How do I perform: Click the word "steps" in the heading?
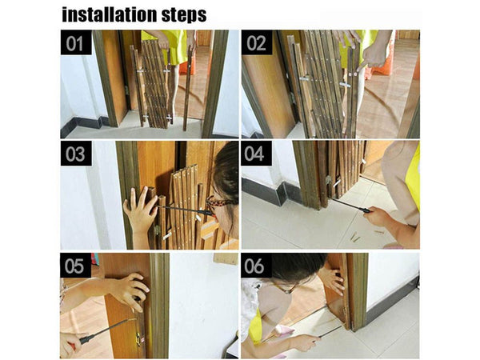pyautogui.click(x=184, y=15)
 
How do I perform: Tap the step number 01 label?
pyautogui.click(x=76, y=42)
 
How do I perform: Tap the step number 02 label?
pyautogui.click(x=257, y=42)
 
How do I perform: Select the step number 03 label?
pyautogui.click(x=76, y=154)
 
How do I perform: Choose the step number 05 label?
pyautogui.click(x=75, y=266)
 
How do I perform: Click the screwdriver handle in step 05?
pyautogui.click(x=88, y=338)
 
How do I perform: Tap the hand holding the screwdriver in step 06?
pyautogui.click(x=302, y=342)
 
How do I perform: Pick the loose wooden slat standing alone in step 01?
pyautogui.click(x=187, y=89)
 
